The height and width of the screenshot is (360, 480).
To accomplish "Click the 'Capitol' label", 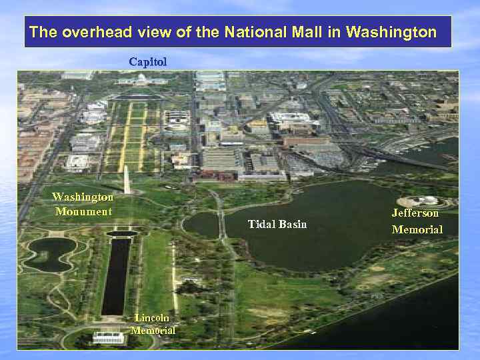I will point(147,61).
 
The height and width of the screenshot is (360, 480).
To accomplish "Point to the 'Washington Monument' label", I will point(83,204).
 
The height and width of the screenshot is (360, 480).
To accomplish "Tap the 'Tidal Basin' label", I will point(277,224).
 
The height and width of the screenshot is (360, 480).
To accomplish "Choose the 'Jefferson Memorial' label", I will point(417,221).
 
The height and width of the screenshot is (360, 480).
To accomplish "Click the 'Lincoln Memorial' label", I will point(153,324).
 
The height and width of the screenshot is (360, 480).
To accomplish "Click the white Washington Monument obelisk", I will point(127,179).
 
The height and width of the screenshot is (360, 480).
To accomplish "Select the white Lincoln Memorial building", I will point(108,337).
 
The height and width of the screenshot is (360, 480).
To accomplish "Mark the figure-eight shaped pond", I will point(50,254).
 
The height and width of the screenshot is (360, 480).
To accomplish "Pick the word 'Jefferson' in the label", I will point(415,213).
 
